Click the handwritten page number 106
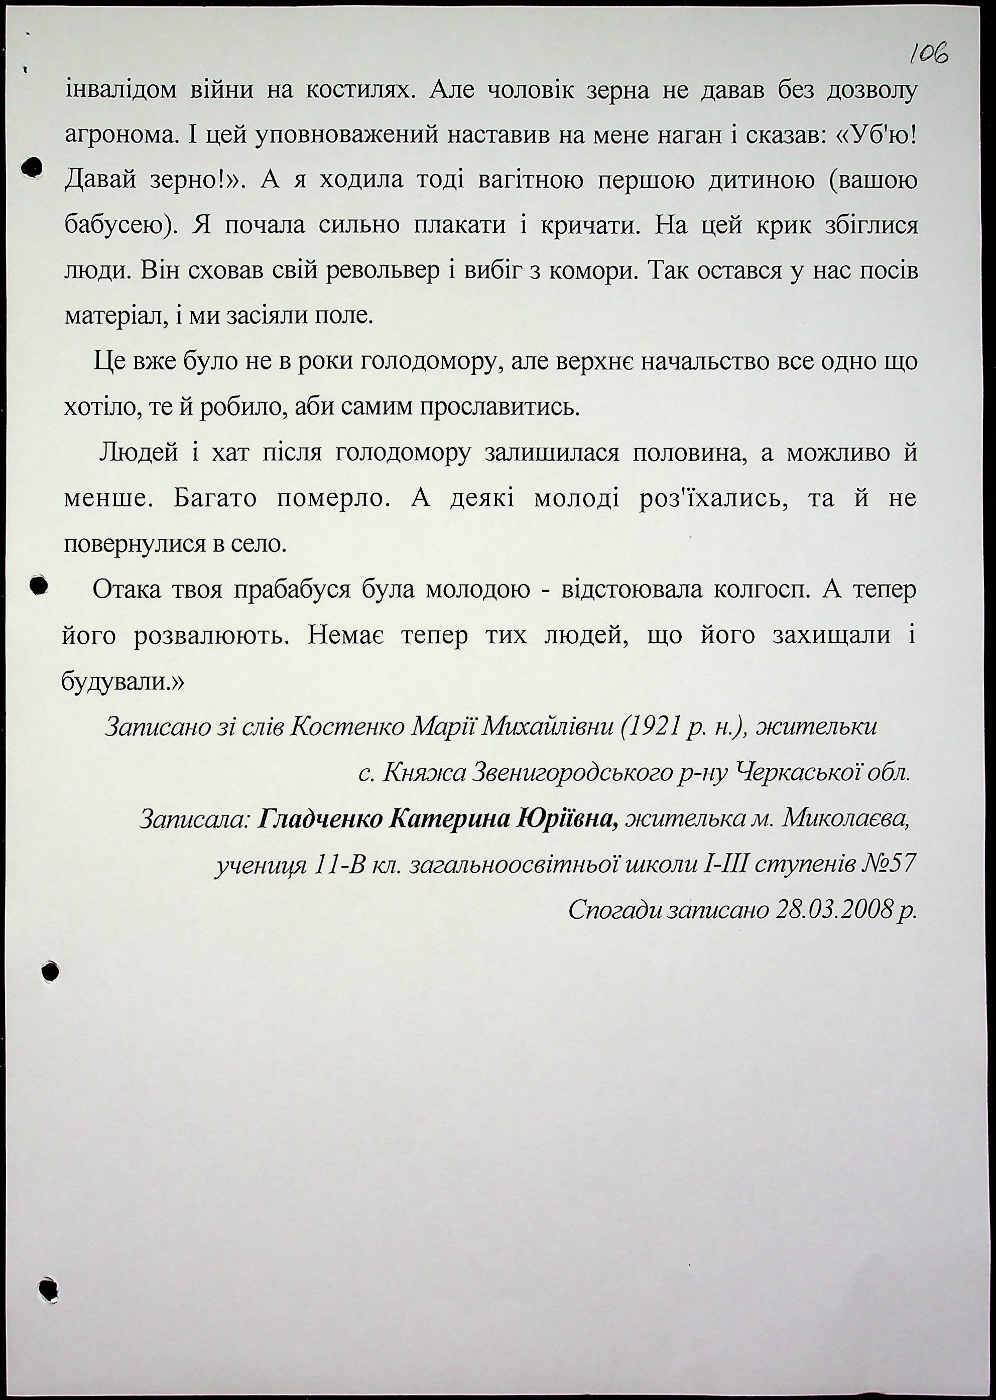929,54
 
